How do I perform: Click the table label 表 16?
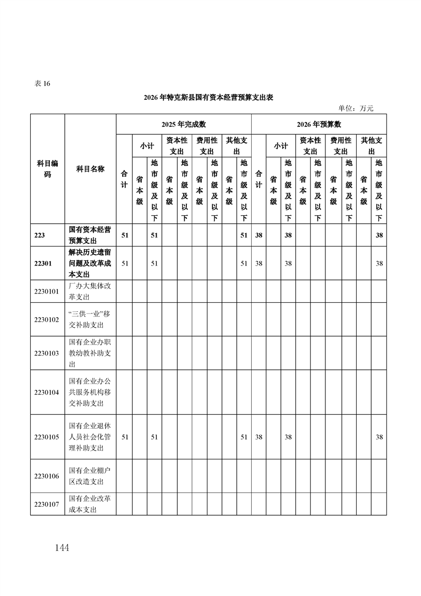[42, 83]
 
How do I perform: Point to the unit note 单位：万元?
[356, 108]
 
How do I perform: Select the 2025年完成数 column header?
[183, 124]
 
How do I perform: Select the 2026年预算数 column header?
[319, 124]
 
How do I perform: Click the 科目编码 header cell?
[47, 169]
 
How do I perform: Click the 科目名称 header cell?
[90, 169]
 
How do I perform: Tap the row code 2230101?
[46, 292]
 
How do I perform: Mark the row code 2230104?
[46, 392]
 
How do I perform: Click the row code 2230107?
[46, 504]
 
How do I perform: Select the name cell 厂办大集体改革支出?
[90, 292]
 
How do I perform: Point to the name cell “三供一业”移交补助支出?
[90, 319]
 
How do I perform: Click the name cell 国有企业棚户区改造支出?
[90, 476]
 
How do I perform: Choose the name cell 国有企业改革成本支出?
[90, 504]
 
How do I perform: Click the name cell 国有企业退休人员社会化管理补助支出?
[90, 437]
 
